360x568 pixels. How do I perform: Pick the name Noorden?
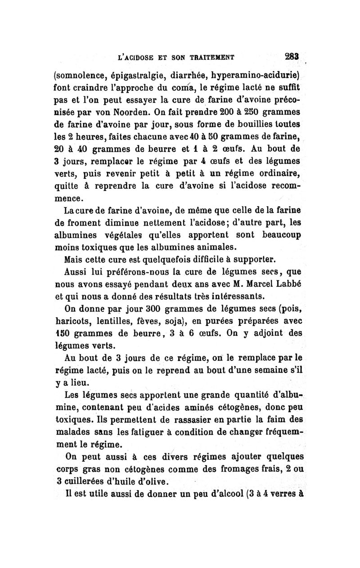coord(137,111)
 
